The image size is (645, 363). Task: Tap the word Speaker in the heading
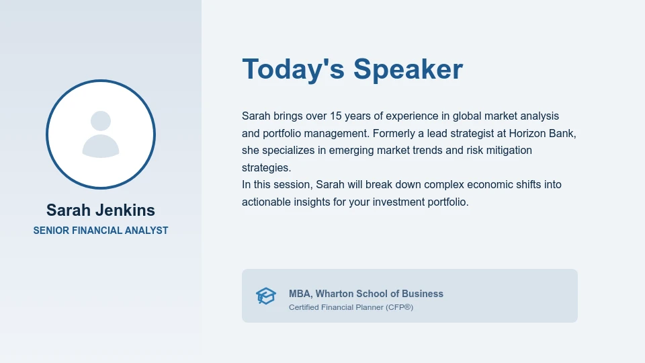(408, 69)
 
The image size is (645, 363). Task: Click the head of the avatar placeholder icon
(101, 121)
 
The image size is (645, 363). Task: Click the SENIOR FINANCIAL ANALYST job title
(101, 231)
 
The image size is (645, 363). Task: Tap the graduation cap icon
(266, 296)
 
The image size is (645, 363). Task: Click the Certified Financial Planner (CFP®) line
(351, 307)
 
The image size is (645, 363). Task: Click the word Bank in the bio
(562, 133)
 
